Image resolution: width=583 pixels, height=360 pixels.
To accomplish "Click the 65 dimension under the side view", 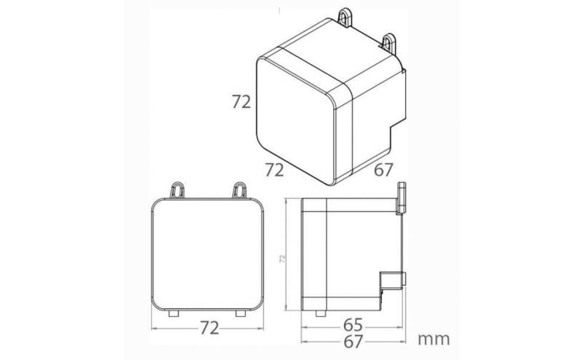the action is pyautogui.click(x=353, y=326).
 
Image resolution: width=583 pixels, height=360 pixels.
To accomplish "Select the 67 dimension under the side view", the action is pyautogui.click(x=353, y=342).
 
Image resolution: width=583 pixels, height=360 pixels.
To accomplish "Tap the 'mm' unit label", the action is pyautogui.click(x=434, y=340).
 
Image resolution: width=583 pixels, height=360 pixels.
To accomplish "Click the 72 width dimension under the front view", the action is pyautogui.click(x=209, y=328).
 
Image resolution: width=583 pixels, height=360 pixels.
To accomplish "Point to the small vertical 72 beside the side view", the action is pyautogui.click(x=283, y=259).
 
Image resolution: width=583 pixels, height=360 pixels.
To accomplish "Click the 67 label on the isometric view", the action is pyautogui.click(x=383, y=170).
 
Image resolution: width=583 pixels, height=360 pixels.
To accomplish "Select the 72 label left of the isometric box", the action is pyautogui.click(x=241, y=102).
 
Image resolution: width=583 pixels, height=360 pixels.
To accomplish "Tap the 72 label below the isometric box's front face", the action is pyautogui.click(x=275, y=170).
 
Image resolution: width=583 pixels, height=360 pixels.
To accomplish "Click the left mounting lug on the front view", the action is pyautogui.click(x=177, y=190).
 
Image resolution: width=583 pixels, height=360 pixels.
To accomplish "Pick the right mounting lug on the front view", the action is pyautogui.click(x=239, y=190).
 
